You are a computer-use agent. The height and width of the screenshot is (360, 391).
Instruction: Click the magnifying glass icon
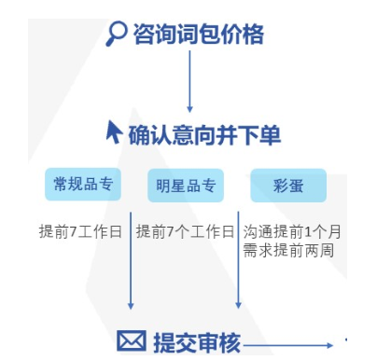click(118, 34)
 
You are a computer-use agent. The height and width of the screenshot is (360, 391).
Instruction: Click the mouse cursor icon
click(114, 132)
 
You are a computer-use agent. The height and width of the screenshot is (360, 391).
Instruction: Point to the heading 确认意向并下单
click(204, 134)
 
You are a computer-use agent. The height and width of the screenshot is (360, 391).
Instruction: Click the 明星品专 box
click(186, 185)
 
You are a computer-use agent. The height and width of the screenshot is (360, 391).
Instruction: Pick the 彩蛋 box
click(288, 185)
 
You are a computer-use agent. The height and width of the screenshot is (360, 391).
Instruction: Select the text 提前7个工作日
click(185, 231)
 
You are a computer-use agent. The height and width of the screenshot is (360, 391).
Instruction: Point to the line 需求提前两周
click(288, 250)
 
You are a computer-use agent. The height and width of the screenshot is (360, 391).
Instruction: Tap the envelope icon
click(131, 342)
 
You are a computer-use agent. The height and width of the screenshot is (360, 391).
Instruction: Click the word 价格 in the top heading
click(244, 35)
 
